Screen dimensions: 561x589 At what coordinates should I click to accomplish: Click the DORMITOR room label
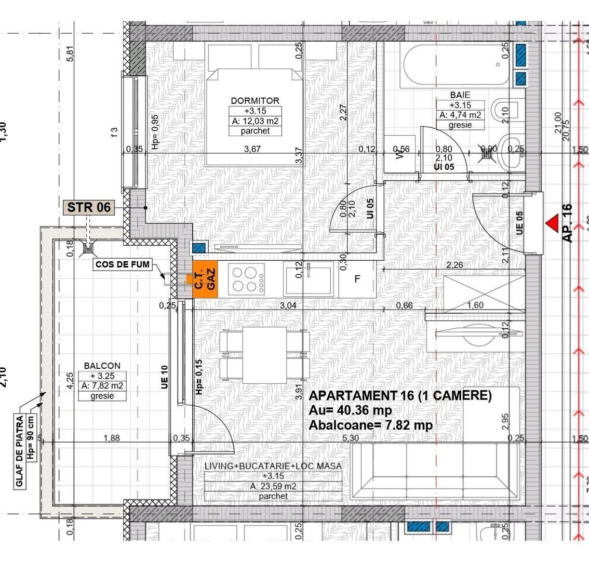[x=255, y=101]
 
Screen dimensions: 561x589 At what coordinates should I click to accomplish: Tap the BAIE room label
[x=460, y=96]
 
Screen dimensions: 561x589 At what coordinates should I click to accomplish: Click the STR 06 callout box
[x=89, y=207]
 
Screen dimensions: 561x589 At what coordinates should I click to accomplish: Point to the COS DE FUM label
[x=123, y=264]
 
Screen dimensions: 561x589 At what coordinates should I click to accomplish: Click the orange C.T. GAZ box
[x=205, y=279]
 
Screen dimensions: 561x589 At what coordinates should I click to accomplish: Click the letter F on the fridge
[x=357, y=279]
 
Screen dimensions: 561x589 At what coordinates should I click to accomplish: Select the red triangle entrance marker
[x=552, y=223]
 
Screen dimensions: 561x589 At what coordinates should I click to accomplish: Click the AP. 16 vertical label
[x=567, y=223]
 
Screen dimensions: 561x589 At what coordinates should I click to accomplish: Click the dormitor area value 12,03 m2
[x=255, y=121]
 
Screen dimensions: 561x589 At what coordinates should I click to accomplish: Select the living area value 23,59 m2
[x=273, y=486]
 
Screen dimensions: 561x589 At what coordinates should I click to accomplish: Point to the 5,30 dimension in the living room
[x=351, y=438]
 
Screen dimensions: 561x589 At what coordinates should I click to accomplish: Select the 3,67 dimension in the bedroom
[x=252, y=149]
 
